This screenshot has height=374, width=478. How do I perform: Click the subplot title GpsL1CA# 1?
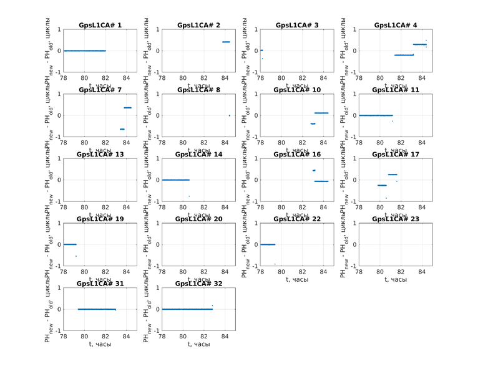click(100, 26)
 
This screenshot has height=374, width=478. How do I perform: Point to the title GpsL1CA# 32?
click(198, 284)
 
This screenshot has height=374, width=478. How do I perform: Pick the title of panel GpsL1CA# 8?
click(198, 90)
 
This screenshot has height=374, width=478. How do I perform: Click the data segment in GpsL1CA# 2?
click(226, 42)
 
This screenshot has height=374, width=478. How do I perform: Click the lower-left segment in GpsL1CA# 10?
click(313, 123)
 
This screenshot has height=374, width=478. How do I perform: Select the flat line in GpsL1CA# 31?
click(97, 309)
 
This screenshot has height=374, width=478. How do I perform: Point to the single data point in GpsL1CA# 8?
click(229, 115)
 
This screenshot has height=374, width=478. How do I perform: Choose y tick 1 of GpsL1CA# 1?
click(59, 30)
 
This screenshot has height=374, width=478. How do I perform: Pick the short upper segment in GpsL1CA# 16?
click(314, 170)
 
